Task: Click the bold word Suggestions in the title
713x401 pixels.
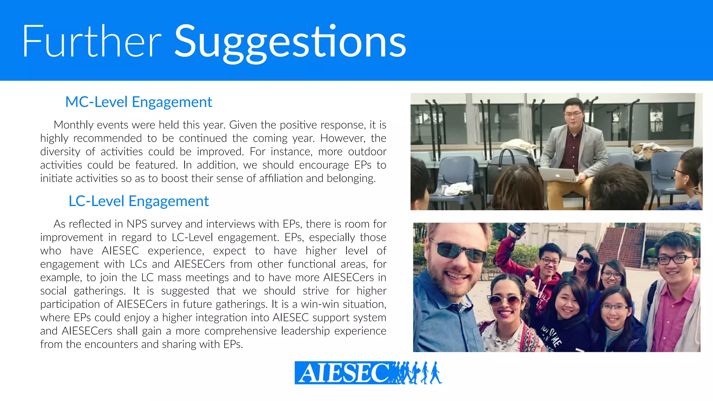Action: click(290, 42)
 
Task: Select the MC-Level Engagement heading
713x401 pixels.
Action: click(139, 102)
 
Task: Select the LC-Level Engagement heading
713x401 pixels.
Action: click(139, 201)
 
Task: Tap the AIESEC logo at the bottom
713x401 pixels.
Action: click(368, 373)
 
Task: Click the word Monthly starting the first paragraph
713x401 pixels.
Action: click(73, 125)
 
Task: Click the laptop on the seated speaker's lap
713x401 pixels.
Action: click(557, 174)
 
